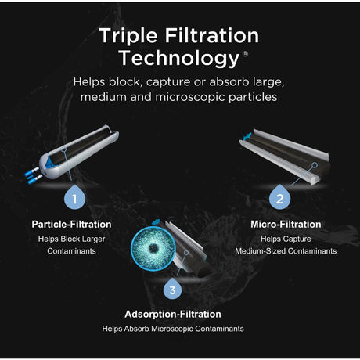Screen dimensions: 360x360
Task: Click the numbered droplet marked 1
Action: point(74,198)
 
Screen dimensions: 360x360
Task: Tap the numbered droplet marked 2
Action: point(278,198)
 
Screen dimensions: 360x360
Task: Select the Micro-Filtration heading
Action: point(286,225)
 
